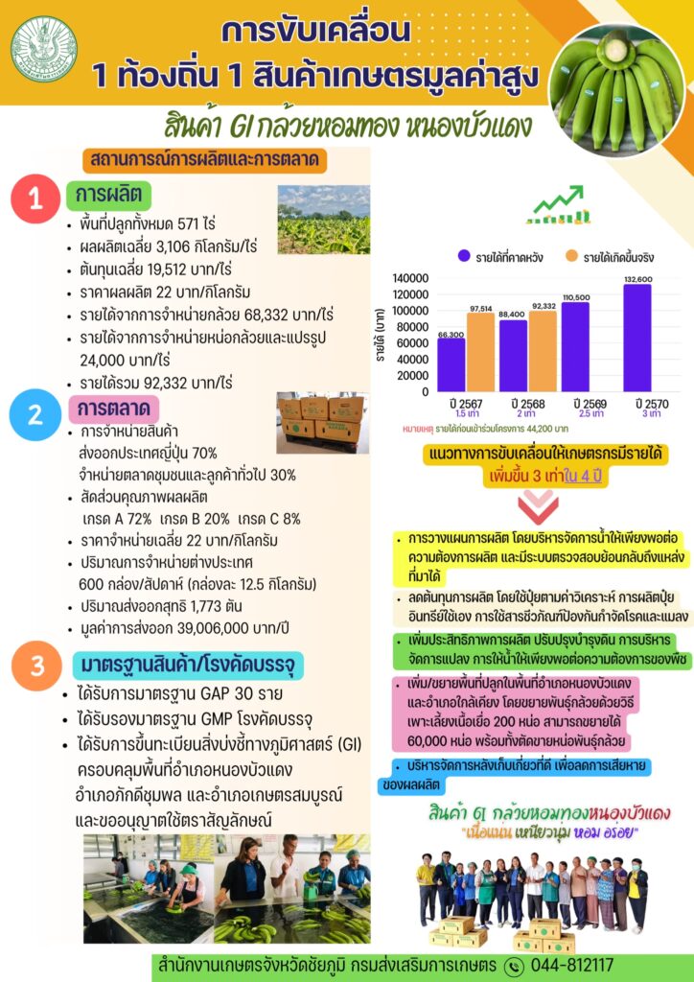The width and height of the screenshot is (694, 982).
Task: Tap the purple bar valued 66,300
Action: [x=451, y=364]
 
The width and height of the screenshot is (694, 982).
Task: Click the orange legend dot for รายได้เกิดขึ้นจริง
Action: [x=571, y=256]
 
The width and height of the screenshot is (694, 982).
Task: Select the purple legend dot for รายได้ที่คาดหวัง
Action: [x=464, y=256]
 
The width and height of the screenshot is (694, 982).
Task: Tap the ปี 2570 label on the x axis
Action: [x=637, y=401]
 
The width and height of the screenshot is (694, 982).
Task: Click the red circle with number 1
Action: [x=35, y=199]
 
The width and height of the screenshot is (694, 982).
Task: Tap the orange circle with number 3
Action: [x=35, y=666]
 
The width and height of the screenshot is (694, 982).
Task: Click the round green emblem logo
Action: [x=44, y=48]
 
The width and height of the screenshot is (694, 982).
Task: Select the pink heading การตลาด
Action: [x=114, y=409]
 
